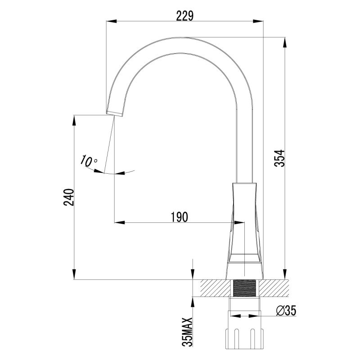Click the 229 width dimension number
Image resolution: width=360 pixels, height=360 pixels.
click(x=184, y=15)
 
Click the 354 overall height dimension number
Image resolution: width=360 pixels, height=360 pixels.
click(x=280, y=158)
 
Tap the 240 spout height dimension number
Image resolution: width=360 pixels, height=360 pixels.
click(x=67, y=197)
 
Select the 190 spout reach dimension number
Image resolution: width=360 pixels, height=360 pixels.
click(x=179, y=216)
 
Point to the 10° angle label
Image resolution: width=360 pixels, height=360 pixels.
click(x=89, y=160)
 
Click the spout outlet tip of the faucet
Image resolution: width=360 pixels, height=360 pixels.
click(x=115, y=111)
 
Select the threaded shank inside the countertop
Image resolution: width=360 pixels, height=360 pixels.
click(x=244, y=288)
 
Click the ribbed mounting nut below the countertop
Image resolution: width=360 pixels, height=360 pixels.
click(x=245, y=337)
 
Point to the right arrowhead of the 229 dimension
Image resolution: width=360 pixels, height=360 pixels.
click(x=260, y=21)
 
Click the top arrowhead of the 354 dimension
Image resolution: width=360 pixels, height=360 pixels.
click(x=284, y=40)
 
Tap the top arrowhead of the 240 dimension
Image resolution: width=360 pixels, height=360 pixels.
click(x=74, y=119)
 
